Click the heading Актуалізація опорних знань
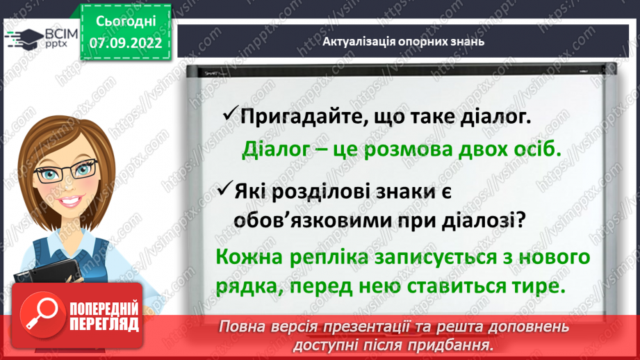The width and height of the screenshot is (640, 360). pyautogui.click(x=403, y=41)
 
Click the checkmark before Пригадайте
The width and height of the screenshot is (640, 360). pyautogui.click(x=229, y=115)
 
